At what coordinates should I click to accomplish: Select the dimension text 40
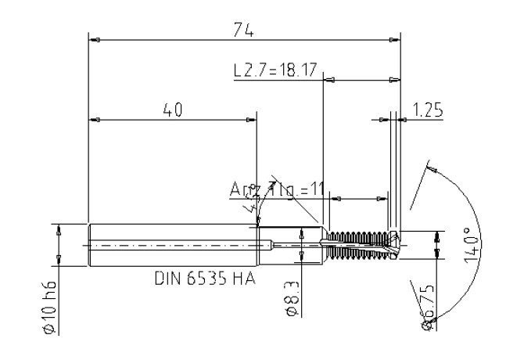click(x=172, y=110)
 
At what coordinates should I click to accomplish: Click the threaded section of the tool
click(x=357, y=243)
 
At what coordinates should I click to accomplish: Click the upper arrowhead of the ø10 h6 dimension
click(x=59, y=229)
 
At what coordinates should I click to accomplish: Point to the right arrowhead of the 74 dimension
click(x=396, y=38)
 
